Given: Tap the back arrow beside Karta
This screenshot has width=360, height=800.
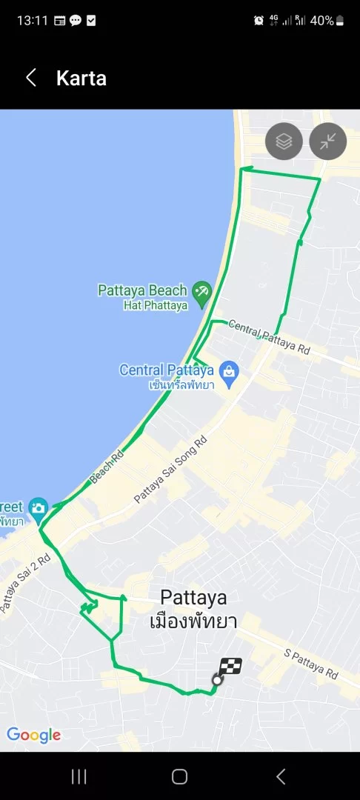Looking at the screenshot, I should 31,78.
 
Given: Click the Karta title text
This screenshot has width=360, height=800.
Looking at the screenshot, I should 81,78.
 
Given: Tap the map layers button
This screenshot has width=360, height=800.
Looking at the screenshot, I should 284,141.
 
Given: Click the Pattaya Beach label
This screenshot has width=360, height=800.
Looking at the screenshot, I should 143,290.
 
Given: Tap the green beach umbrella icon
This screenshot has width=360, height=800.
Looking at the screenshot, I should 201,290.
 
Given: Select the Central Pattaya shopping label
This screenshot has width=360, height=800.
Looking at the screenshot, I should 167,370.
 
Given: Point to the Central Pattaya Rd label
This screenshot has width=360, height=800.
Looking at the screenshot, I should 269,336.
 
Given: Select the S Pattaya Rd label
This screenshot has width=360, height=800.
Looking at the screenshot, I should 311,663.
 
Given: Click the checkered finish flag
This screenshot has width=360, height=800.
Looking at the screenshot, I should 230,667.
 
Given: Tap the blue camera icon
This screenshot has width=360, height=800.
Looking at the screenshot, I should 39,508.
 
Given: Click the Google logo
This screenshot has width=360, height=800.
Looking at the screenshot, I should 33,735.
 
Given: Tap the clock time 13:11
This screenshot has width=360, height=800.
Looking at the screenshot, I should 32,21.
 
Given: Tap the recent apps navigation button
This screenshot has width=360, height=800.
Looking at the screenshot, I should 79,776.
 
